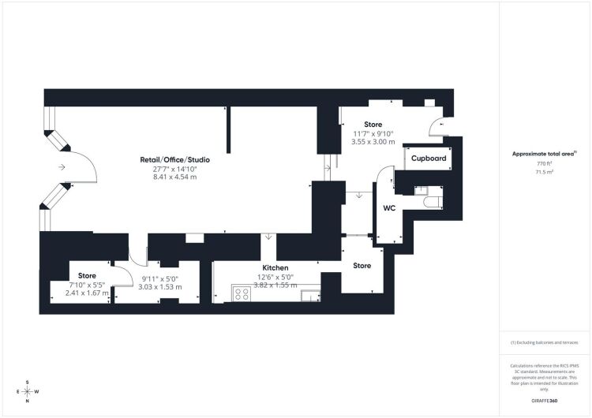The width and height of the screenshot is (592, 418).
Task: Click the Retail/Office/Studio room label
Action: pos(174,159)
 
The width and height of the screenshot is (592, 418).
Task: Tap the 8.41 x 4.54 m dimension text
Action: pos(174,177)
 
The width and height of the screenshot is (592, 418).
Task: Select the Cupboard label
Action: pos(429,159)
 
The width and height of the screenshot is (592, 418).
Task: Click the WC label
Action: pos(389,208)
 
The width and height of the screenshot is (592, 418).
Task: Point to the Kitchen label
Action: pos(275,267)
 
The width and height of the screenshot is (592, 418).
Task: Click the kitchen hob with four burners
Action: pos(242,293)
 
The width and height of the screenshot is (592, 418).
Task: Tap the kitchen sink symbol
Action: pos(310,296)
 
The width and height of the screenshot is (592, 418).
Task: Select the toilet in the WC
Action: pos(433,202)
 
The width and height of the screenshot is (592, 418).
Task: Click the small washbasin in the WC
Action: pos(419,191)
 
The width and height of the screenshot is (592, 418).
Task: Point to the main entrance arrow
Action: pos(62,166)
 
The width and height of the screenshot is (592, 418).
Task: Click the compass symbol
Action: pos(28,392)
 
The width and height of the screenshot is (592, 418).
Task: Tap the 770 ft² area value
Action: pos(545,164)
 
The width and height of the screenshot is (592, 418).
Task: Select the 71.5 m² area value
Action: pos(545,172)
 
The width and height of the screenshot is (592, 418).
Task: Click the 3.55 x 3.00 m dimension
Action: pos(373,142)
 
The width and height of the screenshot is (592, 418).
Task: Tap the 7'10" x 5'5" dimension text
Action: pos(87,285)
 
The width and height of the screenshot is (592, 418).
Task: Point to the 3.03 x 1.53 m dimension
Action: pos(160,287)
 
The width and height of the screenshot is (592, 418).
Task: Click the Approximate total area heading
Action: pos(545,154)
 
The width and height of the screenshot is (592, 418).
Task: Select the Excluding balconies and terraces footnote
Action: pos(544,342)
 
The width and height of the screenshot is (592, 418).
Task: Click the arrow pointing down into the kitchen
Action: pos(268,237)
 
